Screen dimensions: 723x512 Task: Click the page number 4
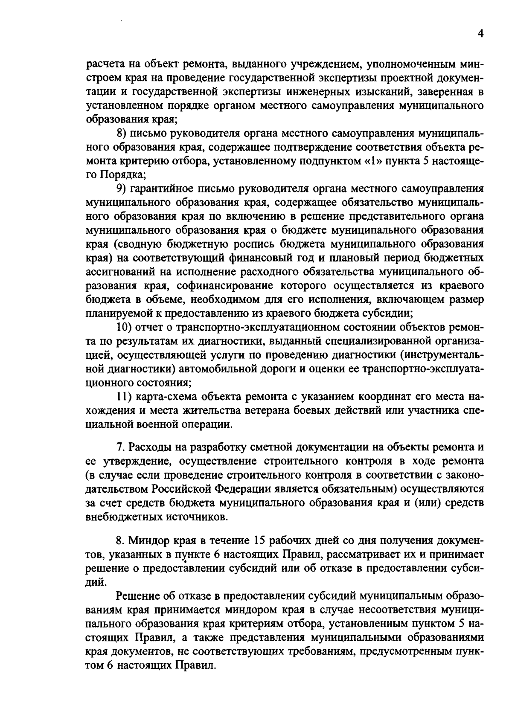point(480,34)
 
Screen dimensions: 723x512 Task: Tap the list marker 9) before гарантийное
point(122,189)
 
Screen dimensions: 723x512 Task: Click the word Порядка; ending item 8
point(123,175)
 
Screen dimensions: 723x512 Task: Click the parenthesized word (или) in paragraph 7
point(427,503)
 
